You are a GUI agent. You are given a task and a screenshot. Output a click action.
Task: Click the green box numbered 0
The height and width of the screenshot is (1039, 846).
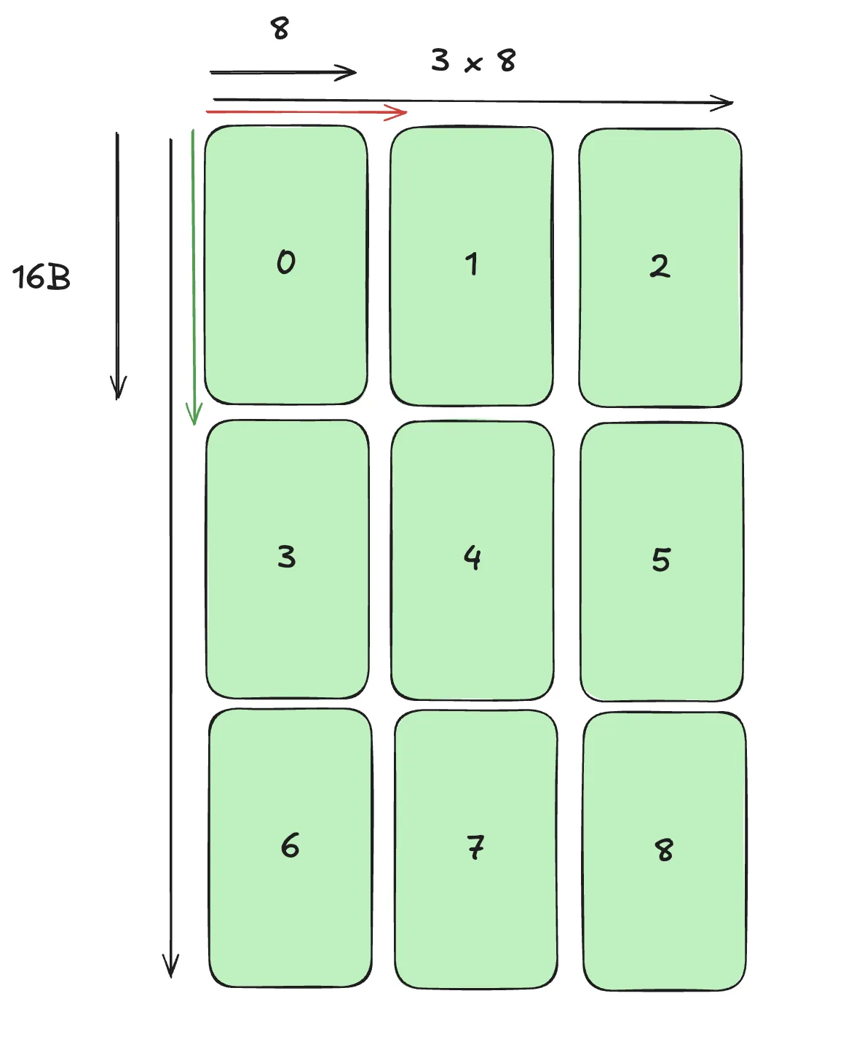pyautogui.click(x=286, y=265)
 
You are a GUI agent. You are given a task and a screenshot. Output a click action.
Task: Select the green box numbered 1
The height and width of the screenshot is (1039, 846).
pyautogui.click(x=472, y=267)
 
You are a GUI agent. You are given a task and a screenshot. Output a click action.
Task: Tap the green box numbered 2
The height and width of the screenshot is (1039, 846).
pyautogui.click(x=660, y=268)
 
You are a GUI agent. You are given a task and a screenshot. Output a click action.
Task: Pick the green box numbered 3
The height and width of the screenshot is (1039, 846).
pyautogui.click(x=288, y=559)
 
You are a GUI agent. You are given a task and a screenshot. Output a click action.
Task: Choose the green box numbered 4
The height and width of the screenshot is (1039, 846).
pyautogui.click(x=473, y=561)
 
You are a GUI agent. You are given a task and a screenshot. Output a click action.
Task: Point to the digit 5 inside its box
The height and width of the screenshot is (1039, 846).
pyautogui.click(x=661, y=560)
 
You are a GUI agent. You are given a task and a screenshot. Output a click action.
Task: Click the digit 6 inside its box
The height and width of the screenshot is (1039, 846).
pyautogui.click(x=290, y=846)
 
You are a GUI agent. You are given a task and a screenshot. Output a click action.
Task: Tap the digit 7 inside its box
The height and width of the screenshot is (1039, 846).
pyautogui.click(x=475, y=847)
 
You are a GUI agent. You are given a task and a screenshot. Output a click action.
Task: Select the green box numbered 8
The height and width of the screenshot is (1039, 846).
pyautogui.click(x=665, y=851)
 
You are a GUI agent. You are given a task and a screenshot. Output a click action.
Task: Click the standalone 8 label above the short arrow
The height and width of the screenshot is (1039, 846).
pyautogui.click(x=280, y=29)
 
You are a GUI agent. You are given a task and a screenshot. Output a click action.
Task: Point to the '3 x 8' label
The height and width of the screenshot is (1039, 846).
pyautogui.click(x=473, y=60)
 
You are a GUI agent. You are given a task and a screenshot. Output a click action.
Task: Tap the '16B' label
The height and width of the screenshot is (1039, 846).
pyautogui.click(x=41, y=278)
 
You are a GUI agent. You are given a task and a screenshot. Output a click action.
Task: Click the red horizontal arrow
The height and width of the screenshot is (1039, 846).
pyautogui.click(x=306, y=112)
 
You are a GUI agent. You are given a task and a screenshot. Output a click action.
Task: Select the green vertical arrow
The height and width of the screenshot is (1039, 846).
pyautogui.click(x=193, y=277)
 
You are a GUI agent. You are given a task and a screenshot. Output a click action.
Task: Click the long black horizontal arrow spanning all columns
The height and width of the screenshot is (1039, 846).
pyautogui.click(x=473, y=101)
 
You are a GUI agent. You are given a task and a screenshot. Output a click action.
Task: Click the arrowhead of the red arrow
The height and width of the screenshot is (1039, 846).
pyautogui.click(x=399, y=112)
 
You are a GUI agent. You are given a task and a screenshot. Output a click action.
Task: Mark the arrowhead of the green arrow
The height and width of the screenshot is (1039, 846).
pyautogui.click(x=194, y=415)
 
